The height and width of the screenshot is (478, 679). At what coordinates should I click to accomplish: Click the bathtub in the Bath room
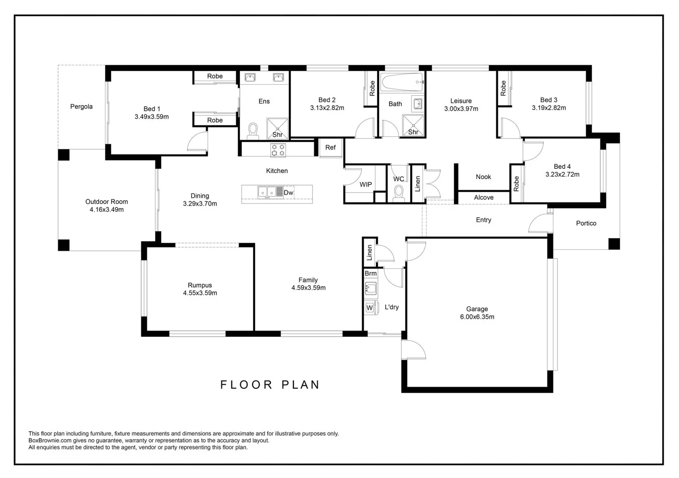402,82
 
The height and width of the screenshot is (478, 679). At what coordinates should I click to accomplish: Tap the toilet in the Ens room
253,131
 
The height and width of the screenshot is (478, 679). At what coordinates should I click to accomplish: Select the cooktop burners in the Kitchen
278,150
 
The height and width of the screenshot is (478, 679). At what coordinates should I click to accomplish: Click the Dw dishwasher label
288,193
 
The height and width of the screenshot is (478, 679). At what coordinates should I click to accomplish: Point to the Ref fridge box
331,148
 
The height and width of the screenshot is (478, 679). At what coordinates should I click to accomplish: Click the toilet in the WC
398,193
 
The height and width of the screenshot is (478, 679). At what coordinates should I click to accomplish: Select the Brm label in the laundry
370,273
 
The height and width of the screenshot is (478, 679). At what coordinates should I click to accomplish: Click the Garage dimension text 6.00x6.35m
477,317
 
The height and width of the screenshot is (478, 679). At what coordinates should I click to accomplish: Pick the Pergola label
81,107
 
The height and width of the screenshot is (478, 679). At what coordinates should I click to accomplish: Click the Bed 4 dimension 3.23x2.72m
562,174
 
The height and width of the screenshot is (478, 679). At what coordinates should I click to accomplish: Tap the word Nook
483,177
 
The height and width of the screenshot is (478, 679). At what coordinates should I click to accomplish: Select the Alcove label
484,197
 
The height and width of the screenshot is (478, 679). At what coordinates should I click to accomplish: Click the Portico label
586,223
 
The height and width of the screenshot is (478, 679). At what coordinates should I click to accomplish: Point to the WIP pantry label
366,185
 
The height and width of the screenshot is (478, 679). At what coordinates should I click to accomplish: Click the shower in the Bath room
413,125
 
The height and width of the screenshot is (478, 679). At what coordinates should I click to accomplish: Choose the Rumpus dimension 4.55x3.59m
200,293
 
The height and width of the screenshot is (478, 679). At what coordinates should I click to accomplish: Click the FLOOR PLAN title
270,385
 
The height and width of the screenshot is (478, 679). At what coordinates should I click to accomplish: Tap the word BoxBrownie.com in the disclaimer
50,441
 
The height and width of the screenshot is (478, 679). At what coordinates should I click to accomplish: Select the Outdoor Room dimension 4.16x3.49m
107,210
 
